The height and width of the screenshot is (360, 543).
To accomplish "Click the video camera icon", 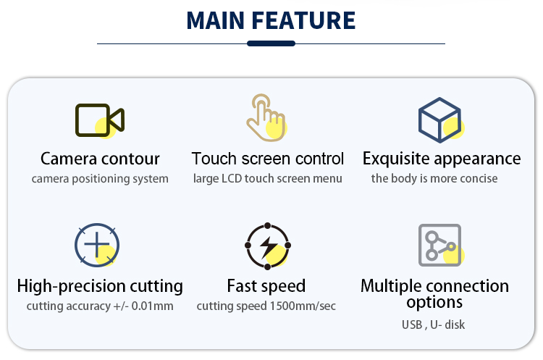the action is (100, 120).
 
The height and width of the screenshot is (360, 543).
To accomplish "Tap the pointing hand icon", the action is (266, 118).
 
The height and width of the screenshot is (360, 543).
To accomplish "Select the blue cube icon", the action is (439, 120).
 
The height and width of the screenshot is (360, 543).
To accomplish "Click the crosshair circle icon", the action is (97, 245).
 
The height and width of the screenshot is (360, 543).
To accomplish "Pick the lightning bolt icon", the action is (267, 246).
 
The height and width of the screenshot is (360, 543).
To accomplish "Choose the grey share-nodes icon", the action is (439, 245).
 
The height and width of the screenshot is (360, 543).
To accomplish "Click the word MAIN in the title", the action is (216, 20).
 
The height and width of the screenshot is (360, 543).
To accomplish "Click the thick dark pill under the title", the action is (271, 43).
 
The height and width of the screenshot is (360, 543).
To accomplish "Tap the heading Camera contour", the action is (100, 159).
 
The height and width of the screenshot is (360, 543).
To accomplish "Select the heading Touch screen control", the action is (268, 159).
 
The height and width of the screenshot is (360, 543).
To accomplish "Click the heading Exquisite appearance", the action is (442, 159).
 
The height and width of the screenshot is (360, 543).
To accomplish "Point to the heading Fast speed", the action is (266, 286).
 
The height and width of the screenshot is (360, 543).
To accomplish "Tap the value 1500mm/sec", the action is (303, 306).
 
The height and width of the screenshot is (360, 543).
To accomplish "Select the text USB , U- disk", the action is (433, 325).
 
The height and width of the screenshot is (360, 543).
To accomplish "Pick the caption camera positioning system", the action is (100, 179).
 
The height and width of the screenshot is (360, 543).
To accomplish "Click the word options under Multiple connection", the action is (434, 303).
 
